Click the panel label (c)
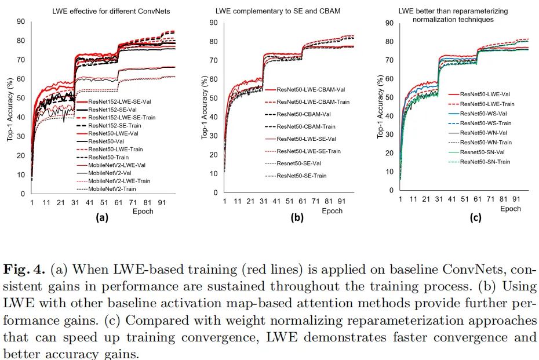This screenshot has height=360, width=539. (475, 219)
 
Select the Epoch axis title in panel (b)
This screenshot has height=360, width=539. (332, 211)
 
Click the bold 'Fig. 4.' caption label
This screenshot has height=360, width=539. (24, 269)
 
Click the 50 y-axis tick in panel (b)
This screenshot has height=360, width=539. (213, 98)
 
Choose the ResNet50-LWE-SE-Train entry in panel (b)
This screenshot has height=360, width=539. (308, 151)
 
